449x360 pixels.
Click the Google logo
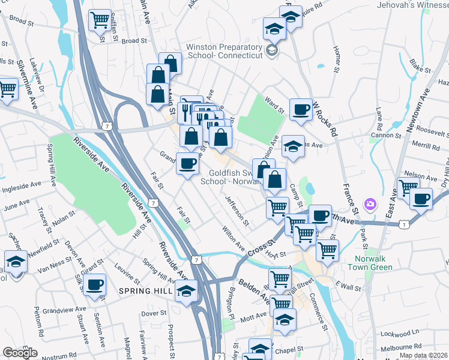pos(20,353)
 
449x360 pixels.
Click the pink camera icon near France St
pos(370,205)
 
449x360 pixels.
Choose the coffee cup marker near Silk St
pos(95,286)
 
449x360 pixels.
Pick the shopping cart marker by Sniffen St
pos(99,22)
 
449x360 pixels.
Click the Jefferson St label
pos(237,210)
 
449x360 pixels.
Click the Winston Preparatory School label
pos(224,51)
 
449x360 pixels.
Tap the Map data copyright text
pos(422,355)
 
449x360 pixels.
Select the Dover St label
pos(154,313)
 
